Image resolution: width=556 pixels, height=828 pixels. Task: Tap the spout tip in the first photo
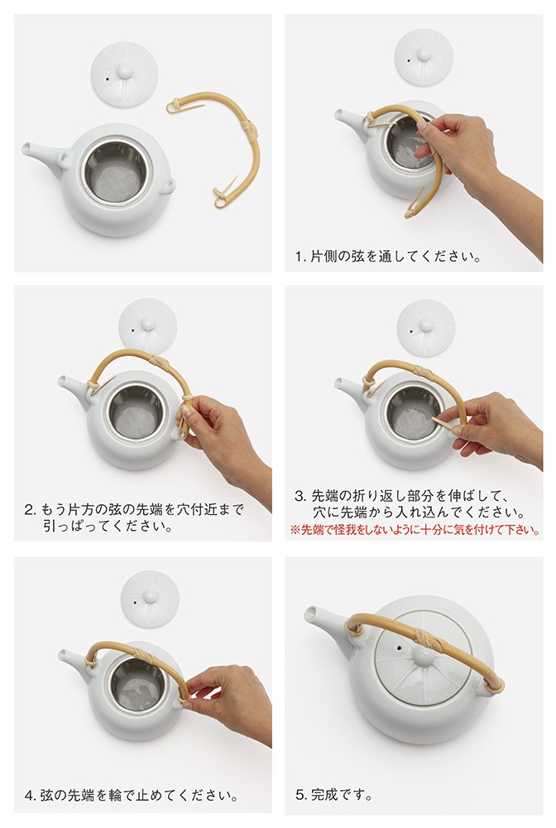click(x=26, y=148)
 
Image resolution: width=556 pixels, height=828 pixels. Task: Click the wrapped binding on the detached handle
click(x=247, y=129)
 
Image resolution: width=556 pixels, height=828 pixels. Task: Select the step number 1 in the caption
click(x=300, y=258)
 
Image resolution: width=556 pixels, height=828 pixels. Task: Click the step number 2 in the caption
click(x=30, y=511)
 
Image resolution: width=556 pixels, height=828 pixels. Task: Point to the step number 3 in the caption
click(x=300, y=496)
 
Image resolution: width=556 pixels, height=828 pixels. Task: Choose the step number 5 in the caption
click(x=300, y=795)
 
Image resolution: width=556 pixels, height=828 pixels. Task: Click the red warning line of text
click(x=415, y=530)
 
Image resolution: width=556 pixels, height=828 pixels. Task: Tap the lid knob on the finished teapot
click(x=423, y=657)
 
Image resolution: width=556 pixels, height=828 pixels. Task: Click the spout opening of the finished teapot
click(x=311, y=614)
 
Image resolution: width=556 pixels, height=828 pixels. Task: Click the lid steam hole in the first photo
click(x=108, y=79)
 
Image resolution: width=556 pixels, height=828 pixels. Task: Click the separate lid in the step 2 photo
click(x=148, y=325)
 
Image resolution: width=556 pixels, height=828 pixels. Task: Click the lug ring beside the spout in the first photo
click(x=65, y=158)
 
